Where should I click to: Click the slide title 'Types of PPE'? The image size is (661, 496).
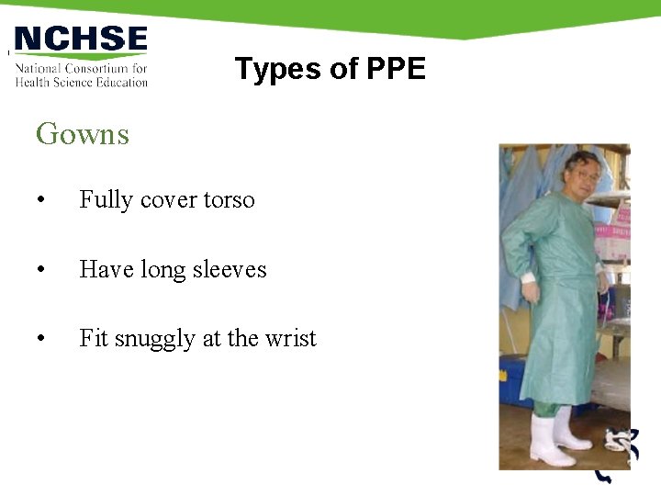[x=330, y=69]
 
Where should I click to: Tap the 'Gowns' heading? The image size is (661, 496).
[x=83, y=134]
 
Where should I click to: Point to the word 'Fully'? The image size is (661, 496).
[x=102, y=200]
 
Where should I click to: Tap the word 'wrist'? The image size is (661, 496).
[x=289, y=338]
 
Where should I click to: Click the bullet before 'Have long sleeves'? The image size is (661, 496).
[x=40, y=270]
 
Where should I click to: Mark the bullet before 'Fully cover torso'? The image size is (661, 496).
[x=40, y=200]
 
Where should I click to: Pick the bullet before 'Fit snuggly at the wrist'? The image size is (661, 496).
[x=40, y=339]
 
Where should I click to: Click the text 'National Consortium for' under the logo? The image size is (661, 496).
[x=81, y=69]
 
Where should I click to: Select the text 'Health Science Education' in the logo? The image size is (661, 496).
[x=81, y=82]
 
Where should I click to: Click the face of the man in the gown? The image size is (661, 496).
[x=580, y=173]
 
